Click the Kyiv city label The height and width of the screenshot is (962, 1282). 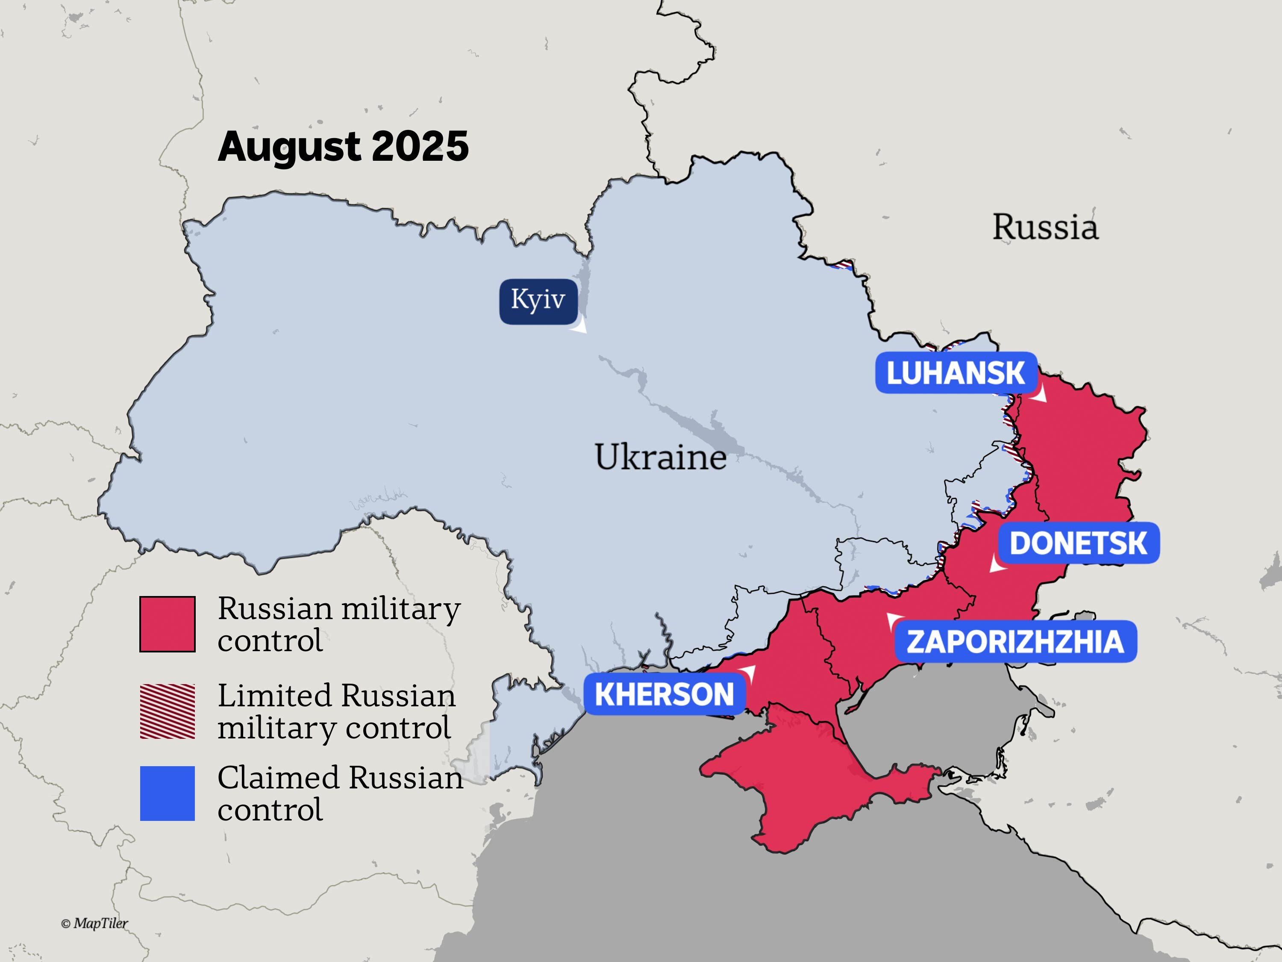pyautogui.click(x=538, y=301)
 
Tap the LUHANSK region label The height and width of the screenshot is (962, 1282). pyautogui.click(x=956, y=373)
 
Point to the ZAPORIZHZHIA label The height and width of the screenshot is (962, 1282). pyautogui.click(x=1015, y=642)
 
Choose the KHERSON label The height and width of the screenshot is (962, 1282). pyautogui.click(x=664, y=694)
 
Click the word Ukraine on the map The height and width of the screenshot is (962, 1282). pyautogui.click(x=660, y=457)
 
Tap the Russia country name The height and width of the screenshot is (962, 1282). pyautogui.click(x=1045, y=227)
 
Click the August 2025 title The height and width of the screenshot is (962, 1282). pyautogui.click(x=343, y=146)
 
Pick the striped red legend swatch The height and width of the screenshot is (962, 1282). pyautogui.click(x=168, y=711)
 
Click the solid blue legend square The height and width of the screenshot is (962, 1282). pyautogui.click(x=168, y=793)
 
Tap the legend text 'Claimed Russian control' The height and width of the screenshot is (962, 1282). pyautogui.click(x=340, y=793)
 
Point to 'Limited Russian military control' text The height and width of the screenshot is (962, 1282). pyautogui.click(x=336, y=711)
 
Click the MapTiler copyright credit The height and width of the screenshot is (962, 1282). pyautogui.click(x=94, y=923)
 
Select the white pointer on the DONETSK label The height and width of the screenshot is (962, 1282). pyautogui.click(x=997, y=564)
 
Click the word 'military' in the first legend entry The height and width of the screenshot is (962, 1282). pyautogui.click(x=400, y=609)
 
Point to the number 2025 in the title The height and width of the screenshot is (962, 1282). pyautogui.click(x=420, y=146)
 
